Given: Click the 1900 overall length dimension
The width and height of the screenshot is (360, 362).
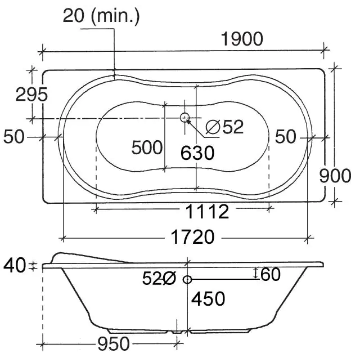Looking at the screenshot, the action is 242,39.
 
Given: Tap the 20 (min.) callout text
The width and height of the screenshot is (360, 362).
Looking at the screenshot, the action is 101,16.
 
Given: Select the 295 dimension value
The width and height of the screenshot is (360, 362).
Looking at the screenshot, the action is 31,95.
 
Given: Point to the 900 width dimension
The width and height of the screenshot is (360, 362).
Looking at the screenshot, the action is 335,176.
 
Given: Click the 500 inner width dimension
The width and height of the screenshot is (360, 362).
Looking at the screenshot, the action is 147,148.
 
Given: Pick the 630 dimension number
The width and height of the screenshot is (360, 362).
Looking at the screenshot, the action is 197,153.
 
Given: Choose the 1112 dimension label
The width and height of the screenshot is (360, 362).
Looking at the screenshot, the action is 207,212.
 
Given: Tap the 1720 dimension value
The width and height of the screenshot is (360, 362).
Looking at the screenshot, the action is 192,237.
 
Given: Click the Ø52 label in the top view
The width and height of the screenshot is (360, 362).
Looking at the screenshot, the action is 224,127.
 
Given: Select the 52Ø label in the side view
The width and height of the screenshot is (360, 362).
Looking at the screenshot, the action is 159,278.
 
